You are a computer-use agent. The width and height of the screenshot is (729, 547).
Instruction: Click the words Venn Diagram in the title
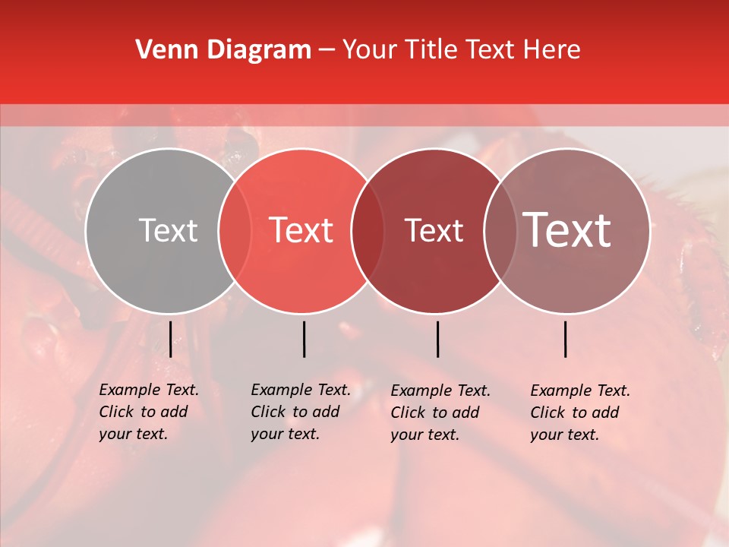click(223, 50)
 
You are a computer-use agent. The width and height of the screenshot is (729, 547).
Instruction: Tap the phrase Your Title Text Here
click(461, 50)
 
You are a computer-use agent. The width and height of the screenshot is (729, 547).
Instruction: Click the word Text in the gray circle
click(168, 230)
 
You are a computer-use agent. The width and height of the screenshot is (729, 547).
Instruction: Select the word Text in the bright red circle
click(301, 230)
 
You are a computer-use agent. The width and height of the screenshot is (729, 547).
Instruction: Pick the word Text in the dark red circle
click(434, 230)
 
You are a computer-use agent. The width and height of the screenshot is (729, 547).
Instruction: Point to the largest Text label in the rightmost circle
click(567, 230)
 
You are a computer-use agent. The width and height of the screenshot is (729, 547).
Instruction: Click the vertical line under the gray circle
click(170, 339)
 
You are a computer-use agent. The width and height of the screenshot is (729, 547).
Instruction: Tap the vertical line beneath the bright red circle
click(304, 339)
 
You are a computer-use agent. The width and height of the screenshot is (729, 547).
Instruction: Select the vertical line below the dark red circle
click(437, 339)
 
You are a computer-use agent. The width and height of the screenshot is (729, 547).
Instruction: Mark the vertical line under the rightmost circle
click(565, 339)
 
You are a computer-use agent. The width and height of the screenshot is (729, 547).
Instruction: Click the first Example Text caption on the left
click(149, 412)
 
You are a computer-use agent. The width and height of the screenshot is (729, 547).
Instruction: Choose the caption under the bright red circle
click(301, 412)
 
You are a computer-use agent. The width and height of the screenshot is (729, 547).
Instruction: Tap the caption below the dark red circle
click(440, 413)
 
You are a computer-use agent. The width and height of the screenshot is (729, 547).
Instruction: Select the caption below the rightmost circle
click(580, 413)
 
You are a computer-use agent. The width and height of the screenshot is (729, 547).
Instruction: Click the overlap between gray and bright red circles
click(235, 231)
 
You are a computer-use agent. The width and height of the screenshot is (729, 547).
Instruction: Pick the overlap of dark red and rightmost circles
click(497, 231)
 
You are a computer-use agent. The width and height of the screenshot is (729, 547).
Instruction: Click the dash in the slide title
click(327, 51)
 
